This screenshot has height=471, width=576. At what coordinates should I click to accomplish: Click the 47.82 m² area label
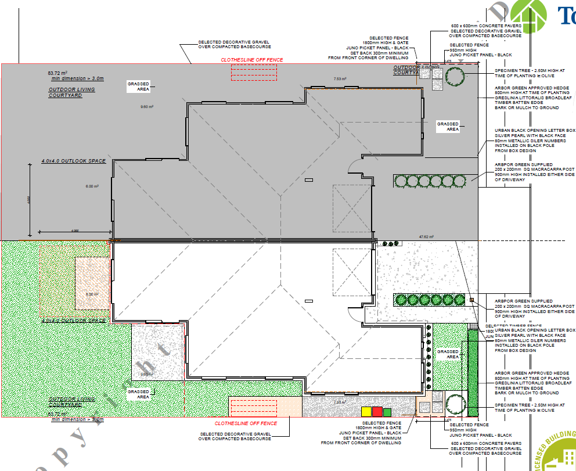[x=427, y=236]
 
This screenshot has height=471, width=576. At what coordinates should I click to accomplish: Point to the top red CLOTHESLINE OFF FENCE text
[x=251, y=59]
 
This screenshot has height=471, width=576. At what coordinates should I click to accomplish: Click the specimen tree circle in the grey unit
[x=454, y=76]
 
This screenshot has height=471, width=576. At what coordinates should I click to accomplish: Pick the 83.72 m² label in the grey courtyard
[x=57, y=73]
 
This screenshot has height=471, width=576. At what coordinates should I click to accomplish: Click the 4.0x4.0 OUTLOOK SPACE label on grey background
[x=73, y=161]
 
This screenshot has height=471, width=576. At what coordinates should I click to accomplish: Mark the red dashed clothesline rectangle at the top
[x=254, y=73]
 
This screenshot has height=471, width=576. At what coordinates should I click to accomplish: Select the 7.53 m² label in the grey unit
[x=340, y=78]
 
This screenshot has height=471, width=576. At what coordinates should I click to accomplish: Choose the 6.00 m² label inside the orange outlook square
[x=92, y=294]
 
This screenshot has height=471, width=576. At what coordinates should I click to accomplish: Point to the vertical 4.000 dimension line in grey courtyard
[x=30, y=198]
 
